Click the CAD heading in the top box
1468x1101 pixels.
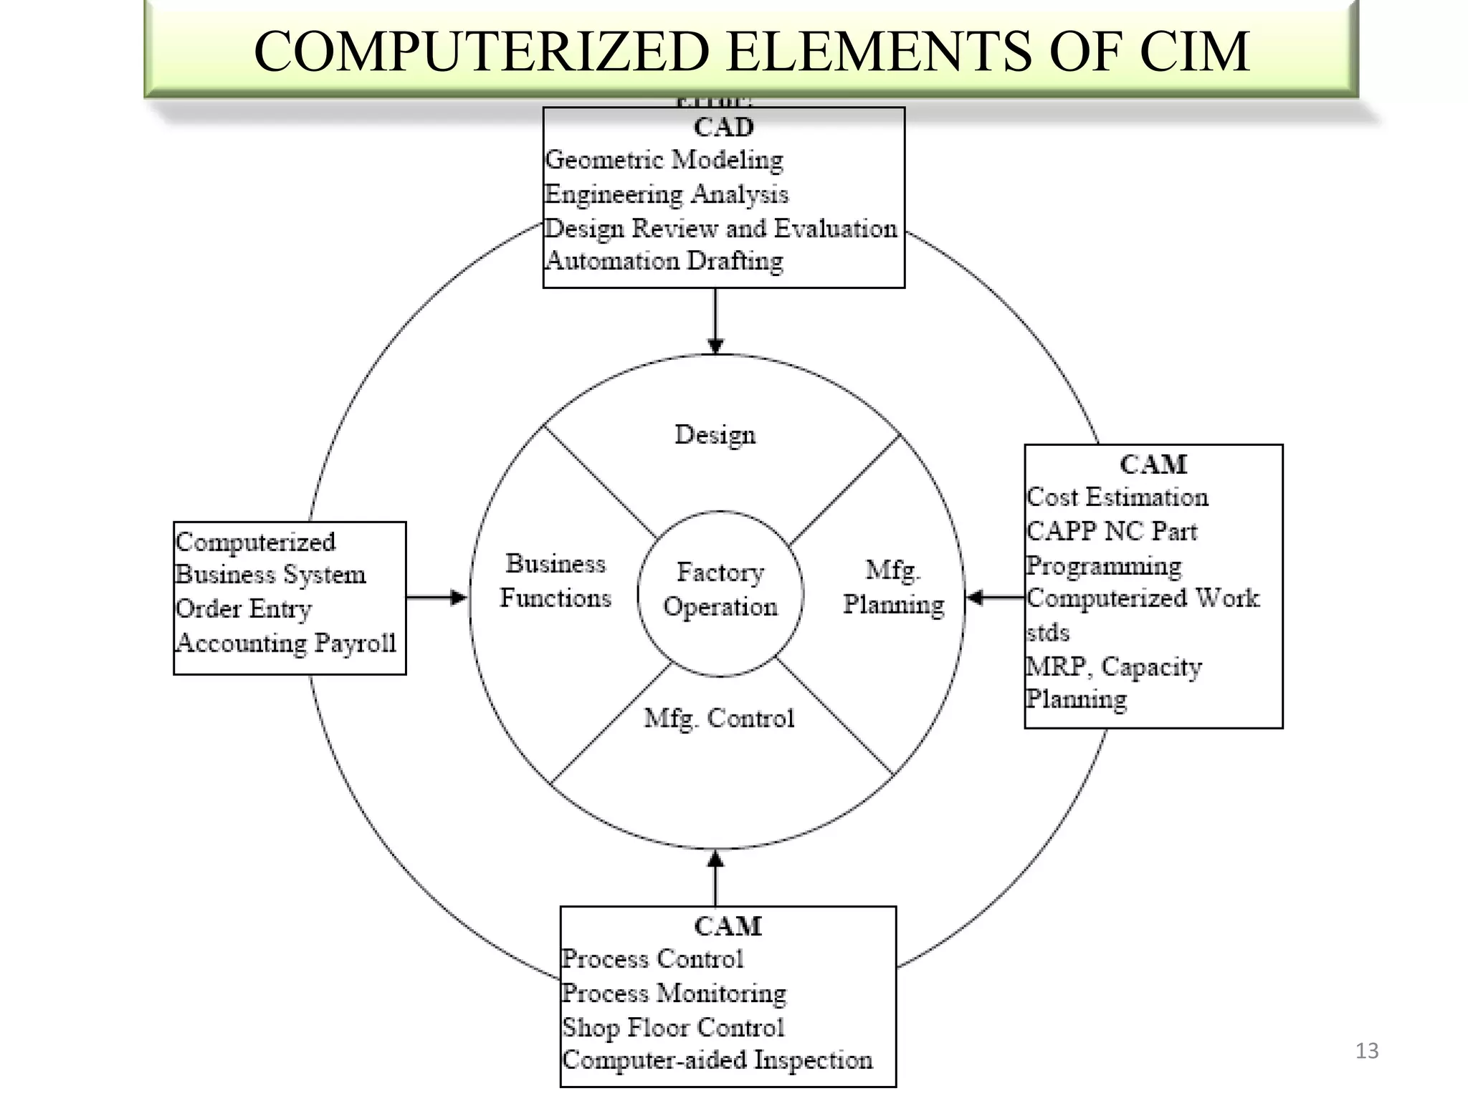tap(723, 128)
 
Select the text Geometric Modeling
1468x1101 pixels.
tap(664, 160)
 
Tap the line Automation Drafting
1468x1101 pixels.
tap(664, 261)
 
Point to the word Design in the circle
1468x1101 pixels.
tap(715, 435)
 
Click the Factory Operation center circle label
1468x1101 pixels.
tap(720, 590)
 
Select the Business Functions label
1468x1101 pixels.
tap(556, 581)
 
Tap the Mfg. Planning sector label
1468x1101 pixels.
tap(893, 588)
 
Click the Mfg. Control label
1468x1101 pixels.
tap(719, 718)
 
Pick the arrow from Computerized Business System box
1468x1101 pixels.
tap(437, 597)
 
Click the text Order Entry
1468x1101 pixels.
tap(244, 609)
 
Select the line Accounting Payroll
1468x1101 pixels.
tap(285, 643)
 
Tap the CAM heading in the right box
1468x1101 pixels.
tap(1153, 464)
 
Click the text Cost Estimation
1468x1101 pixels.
tap(1117, 497)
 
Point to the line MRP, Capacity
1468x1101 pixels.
tap(1113, 667)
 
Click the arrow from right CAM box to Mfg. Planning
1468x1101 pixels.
tap(995, 597)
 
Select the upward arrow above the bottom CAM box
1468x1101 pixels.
tap(715, 877)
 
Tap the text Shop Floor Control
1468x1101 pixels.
tap(672, 1027)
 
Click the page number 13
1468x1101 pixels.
tap(1366, 1051)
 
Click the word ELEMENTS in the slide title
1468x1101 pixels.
tap(879, 52)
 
